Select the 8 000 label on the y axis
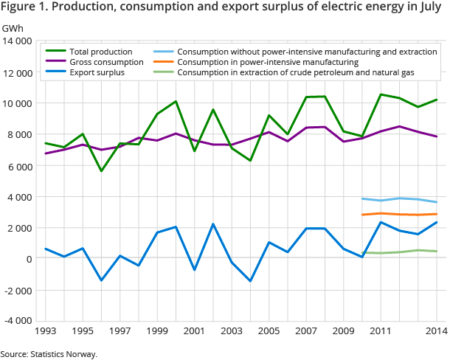click(x=20, y=135)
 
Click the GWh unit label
click(x=12, y=28)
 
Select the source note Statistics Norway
click(x=63, y=354)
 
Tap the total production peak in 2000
click(x=176, y=101)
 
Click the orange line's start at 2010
click(x=362, y=215)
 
